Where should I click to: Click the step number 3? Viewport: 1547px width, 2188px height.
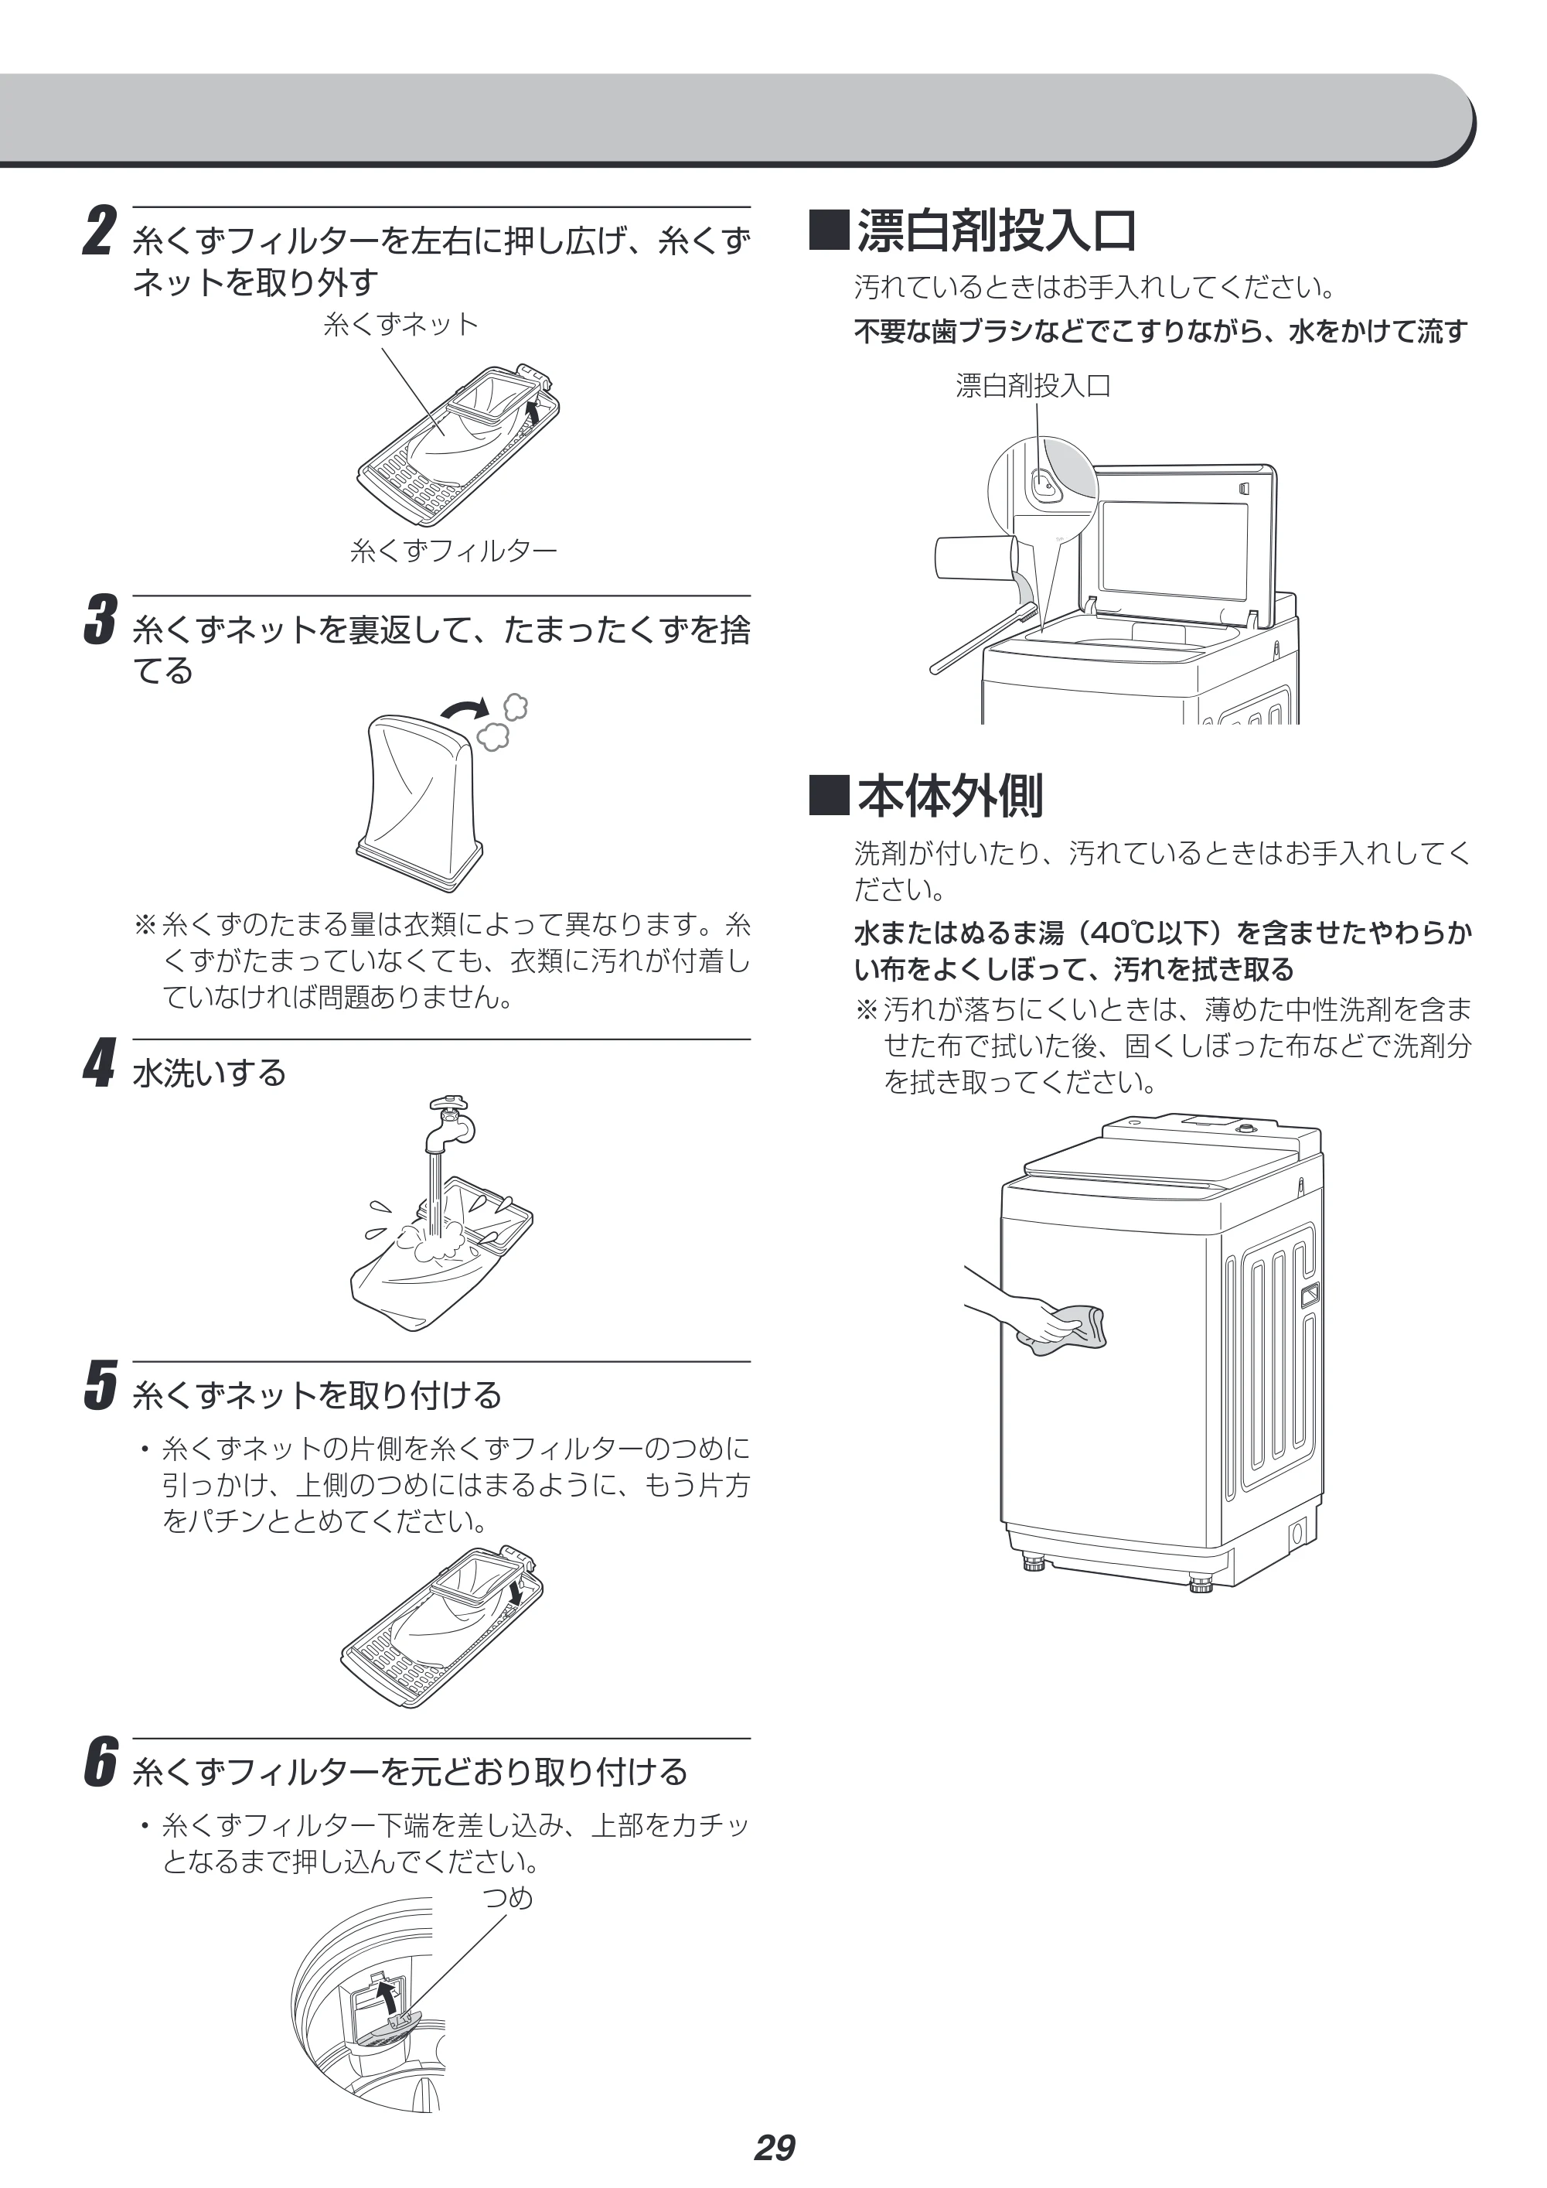[100, 620]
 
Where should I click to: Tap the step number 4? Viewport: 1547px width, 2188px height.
[100, 1063]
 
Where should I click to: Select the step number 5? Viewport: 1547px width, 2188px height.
[100, 1384]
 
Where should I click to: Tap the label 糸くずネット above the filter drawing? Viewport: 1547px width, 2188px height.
[401, 325]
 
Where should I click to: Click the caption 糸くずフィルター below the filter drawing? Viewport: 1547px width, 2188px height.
[453, 551]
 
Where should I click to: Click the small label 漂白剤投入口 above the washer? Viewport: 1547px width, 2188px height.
[1034, 386]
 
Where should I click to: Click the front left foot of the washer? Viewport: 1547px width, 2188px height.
[1034, 1565]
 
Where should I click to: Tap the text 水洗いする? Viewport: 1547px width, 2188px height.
[210, 1073]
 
